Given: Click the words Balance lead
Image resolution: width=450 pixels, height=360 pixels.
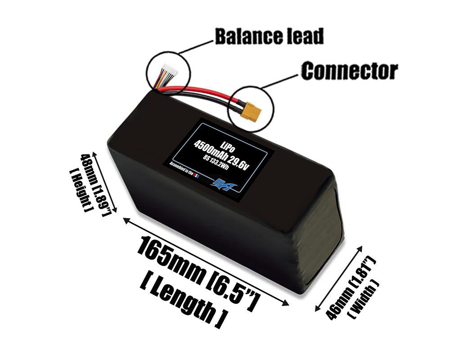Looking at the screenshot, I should tap(269, 36).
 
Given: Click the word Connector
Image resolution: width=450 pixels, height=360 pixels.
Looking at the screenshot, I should tap(349, 71).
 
